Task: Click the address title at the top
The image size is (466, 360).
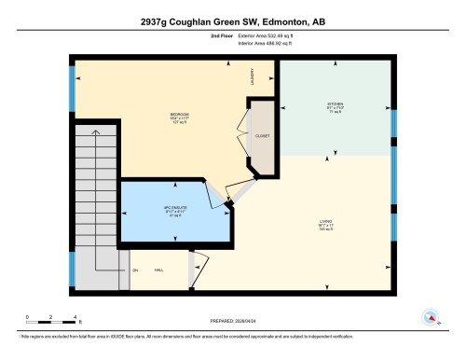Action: pos(232,20)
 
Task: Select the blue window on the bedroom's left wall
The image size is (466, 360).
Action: pos(72,88)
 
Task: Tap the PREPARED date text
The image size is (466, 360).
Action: pos(232,321)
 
